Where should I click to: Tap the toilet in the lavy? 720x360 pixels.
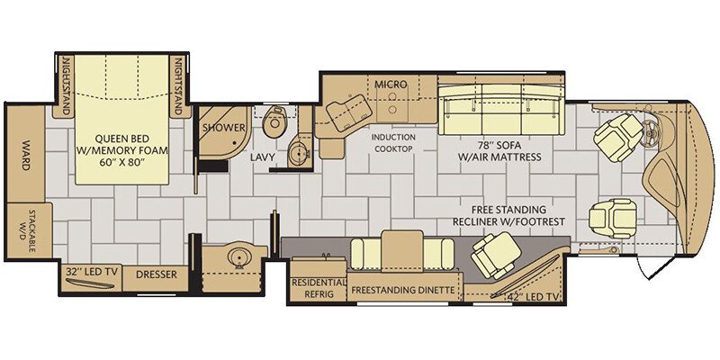pos(274,121)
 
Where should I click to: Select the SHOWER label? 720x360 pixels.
pos(224,127)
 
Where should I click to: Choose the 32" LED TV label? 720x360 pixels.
pos(91,271)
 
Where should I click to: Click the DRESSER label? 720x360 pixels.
pos(156,274)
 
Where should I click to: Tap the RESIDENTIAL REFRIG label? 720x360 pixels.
pos(319,288)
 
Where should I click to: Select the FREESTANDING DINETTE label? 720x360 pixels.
pos(403,290)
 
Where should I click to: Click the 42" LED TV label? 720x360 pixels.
pos(532,297)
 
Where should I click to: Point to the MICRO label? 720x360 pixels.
pos(391,84)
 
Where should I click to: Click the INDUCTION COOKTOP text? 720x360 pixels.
pos(393,143)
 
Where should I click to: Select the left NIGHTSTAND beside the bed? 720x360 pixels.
pos(64,85)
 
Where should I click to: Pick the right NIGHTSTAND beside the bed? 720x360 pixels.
pos(179,85)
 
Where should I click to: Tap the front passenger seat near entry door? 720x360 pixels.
pos(613,218)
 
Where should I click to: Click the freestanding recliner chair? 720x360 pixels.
pos(496,255)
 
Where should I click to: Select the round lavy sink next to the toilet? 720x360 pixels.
pos(299,151)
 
